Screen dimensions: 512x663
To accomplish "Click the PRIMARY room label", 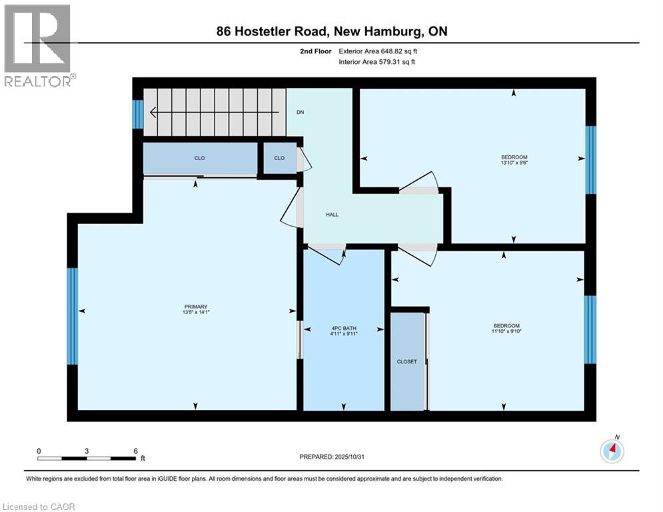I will tap(196, 307).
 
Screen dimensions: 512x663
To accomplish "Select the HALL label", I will tap(332, 215).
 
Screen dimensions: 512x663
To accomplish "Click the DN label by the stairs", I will tap(301, 112).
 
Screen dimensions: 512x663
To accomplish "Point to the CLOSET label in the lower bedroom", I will tap(406, 361).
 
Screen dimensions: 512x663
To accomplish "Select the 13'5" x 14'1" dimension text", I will tap(196, 312).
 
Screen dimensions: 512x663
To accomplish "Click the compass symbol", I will tap(612, 451).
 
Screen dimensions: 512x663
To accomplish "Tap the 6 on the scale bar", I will tap(135, 451).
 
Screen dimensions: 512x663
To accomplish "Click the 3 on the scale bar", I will tap(87, 451).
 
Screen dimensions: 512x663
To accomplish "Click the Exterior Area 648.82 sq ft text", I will tap(378, 51).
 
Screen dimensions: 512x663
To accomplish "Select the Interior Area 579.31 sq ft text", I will tap(378, 62).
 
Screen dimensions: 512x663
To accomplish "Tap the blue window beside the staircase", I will tap(138, 114).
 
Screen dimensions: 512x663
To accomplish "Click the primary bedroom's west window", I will tap(73, 317).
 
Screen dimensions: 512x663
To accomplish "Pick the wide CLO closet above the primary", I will tap(200, 159).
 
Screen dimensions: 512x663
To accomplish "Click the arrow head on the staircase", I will tap(153, 112).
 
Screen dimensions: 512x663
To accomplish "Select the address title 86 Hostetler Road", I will tap(331, 31).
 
